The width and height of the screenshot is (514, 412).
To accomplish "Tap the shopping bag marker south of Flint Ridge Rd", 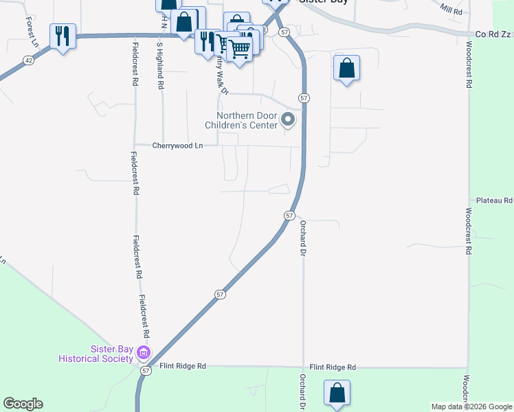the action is tap(337, 393).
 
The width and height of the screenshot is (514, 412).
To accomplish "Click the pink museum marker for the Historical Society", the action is tap(144, 353).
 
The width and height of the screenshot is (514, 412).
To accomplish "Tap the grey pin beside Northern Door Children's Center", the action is tap(289, 121).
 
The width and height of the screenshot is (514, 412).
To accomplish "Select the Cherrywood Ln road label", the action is tap(178, 146).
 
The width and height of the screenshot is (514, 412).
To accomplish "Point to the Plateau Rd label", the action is tap(498, 201).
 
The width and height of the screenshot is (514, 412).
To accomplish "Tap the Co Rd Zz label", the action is tap(494, 34).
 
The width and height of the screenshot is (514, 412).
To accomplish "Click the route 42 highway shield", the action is tap(27, 60).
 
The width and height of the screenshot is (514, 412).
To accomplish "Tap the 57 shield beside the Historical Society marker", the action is tap(146, 370).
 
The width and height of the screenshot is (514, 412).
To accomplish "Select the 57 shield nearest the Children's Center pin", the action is tap(304, 98).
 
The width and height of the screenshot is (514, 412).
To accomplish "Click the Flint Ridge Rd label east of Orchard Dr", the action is tap(333, 367).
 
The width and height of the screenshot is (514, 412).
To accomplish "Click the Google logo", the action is tap(23, 404).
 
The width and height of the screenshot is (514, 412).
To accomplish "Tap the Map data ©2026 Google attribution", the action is tap(471, 407).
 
